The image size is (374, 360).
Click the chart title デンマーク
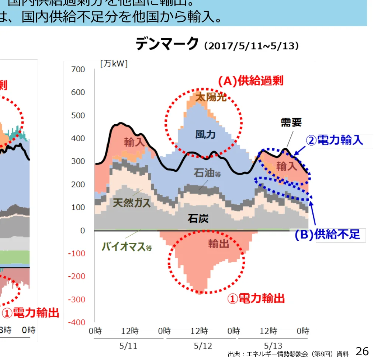[167, 44]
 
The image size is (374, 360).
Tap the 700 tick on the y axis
[78, 69]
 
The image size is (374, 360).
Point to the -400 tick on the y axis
[76, 322]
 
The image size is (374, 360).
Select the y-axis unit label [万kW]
[114, 63]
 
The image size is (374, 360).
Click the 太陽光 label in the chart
[211, 97]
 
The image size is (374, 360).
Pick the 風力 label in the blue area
[205, 134]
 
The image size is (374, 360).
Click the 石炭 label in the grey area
[198, 218]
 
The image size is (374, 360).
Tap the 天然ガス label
[131, 202]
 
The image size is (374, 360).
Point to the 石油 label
[207, 172]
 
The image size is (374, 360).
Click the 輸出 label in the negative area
[218, 243]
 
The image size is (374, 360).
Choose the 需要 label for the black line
[291, 122]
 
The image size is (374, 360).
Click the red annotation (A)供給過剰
[250, 81]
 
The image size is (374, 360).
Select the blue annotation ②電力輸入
[335, 140]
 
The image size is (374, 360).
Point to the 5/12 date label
[203, 346]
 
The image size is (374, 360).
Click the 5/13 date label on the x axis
[273, 346]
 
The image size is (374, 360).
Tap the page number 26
[362, 351]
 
